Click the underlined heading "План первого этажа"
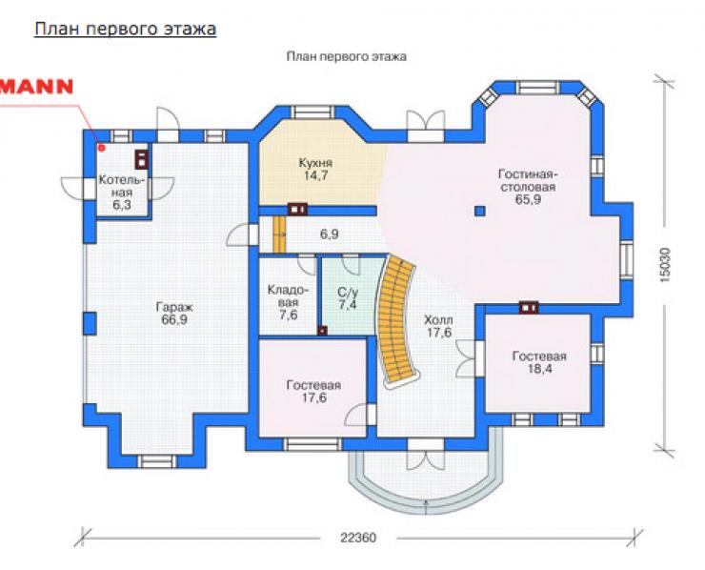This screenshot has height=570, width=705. (126, 30)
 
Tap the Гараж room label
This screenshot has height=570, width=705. (174, 314)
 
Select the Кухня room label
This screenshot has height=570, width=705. (315, 169)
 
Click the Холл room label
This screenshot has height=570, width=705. (439, 327)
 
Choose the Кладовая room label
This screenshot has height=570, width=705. (289, 302)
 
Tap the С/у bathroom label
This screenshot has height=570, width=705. (348, 298)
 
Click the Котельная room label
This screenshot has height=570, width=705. (122, 193)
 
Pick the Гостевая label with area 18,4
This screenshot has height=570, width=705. (539, 362)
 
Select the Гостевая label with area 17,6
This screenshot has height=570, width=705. (313, 392)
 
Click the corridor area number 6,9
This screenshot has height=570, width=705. (329, 234)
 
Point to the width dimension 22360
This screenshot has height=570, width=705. (358, 538)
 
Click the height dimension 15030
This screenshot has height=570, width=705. (665, 265)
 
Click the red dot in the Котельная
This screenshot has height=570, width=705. (102, 147)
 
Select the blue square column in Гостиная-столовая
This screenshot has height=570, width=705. (480, 211)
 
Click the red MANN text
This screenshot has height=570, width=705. (36, 87)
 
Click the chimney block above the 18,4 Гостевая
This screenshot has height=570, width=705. (529, 307)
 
